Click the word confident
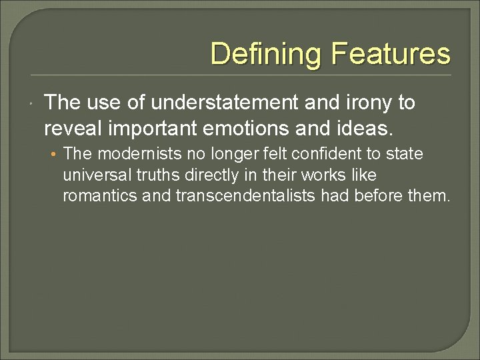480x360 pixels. [327, 154]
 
